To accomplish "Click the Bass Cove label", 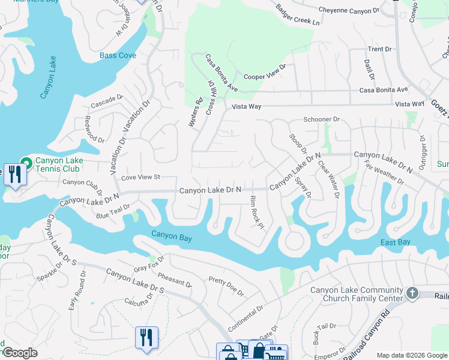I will pos(118,55).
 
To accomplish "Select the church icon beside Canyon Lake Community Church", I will pos(412,293).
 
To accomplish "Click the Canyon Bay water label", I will pos(172,236).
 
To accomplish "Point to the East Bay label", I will pos(395,242).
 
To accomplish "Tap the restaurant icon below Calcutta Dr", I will pos(146,337).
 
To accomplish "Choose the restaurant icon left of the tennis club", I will pos(13,174).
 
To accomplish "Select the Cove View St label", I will pos(140,177).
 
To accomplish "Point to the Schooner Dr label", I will pos(322,119).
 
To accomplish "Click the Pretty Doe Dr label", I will pos(226,287).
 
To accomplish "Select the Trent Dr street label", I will pos(379,49).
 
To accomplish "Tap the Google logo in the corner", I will pos(19,353).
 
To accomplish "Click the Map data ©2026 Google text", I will pos(411,355).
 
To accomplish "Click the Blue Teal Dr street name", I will pos(112,211).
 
